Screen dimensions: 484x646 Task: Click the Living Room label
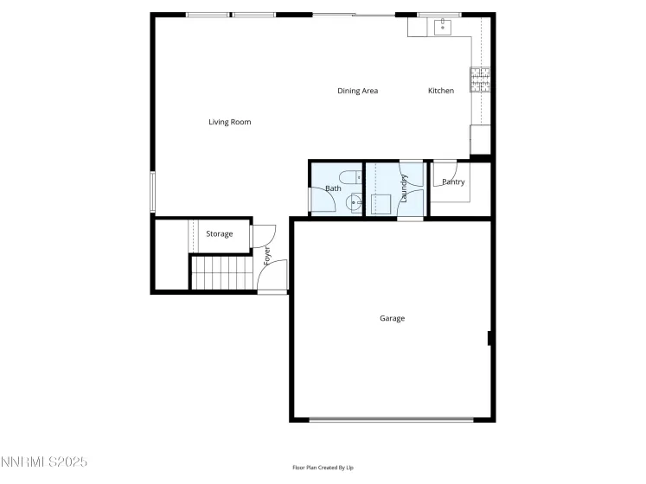tap(229, 122)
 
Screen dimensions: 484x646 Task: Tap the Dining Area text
tap(357, 91)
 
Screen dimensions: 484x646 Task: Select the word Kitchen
tap(441, 91)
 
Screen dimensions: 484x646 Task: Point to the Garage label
tap(392, 318)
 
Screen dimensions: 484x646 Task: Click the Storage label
tap(219, 234)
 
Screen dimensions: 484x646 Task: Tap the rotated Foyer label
tap(267, 257)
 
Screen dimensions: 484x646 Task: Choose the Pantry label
tap(453, 182)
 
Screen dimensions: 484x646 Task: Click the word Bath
tap(333, 188)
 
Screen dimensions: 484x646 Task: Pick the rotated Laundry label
tap(404, 188)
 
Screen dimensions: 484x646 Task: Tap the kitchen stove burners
tap(480, 80)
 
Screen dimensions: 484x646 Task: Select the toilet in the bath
tap(350, 180)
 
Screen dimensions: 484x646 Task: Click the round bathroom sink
tap(355, 202)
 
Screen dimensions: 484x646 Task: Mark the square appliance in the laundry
tap(381, 204)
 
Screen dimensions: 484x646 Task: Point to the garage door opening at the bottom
tap(392, 420)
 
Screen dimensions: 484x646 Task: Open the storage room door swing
tap(263, 234)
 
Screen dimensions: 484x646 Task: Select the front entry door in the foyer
tap(272, 277)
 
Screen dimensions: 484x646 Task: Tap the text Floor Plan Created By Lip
tap(323, 468)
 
